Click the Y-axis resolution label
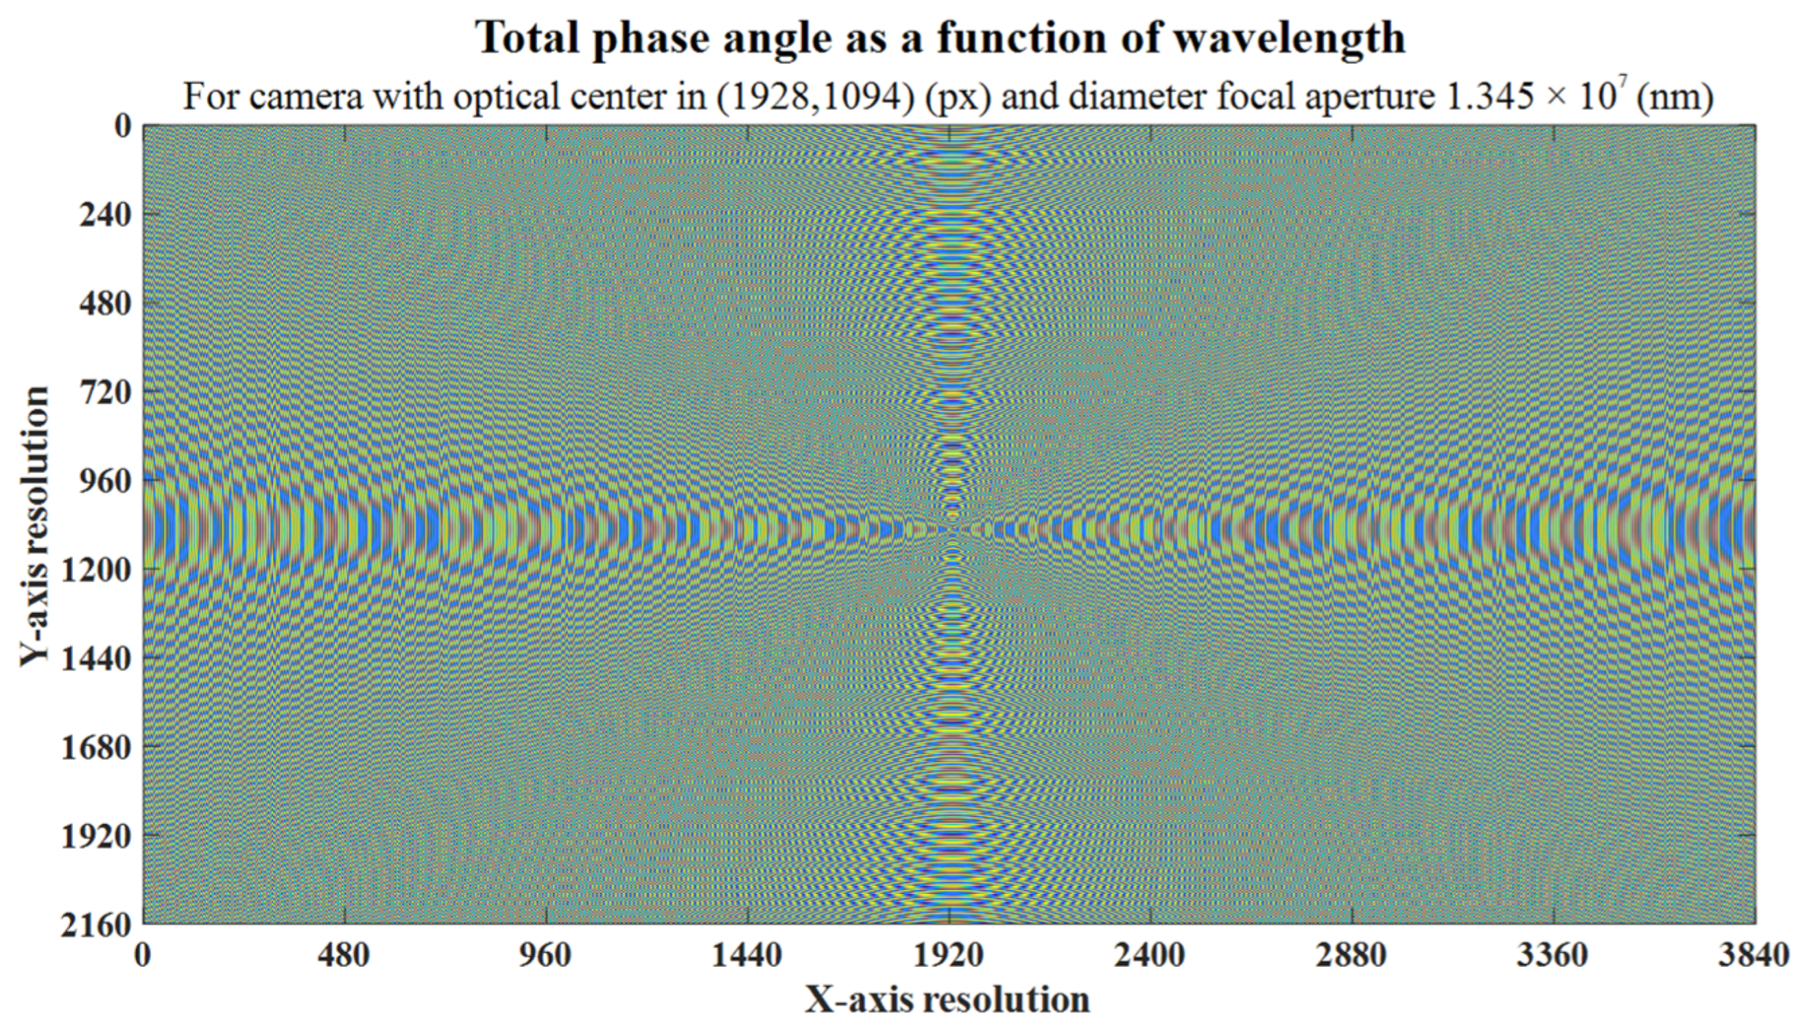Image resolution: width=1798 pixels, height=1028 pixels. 33,525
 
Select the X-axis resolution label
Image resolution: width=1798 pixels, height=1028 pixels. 947,1000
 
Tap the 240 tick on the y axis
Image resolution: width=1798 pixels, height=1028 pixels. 104,215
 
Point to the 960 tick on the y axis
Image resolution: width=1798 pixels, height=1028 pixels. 104,481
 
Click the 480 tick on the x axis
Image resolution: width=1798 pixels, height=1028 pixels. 344,956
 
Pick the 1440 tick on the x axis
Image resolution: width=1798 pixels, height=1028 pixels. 746,956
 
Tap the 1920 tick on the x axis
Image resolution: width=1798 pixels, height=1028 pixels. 949,956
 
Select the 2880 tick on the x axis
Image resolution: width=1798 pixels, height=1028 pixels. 1351,956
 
